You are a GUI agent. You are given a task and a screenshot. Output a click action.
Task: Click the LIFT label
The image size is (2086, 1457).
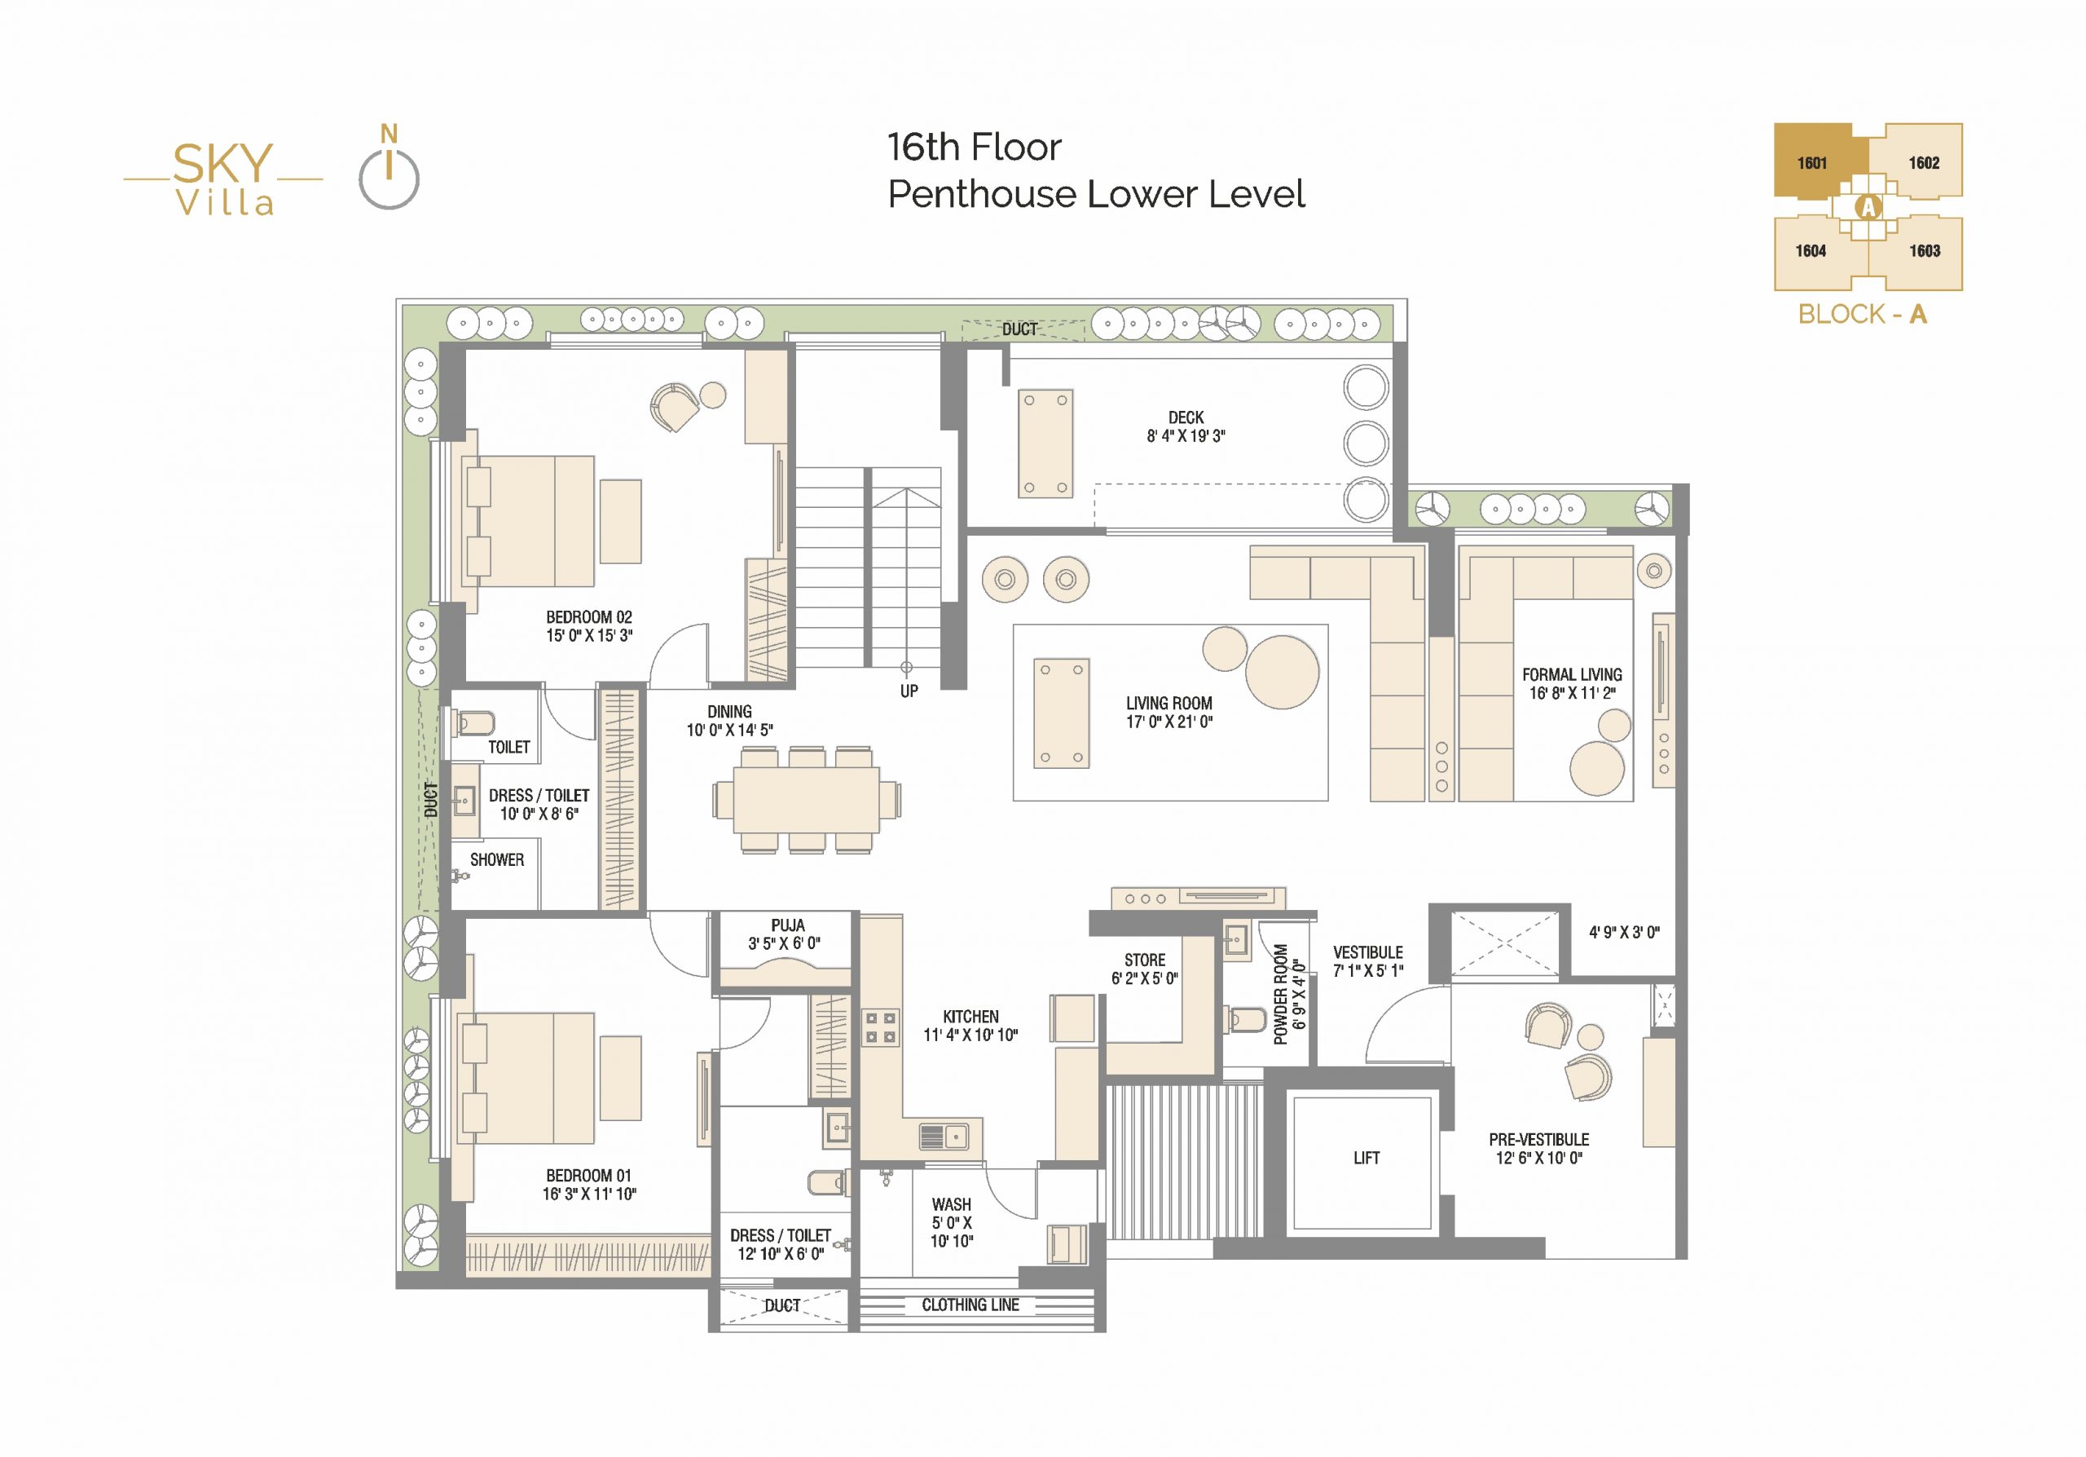(x=1366, y=1158)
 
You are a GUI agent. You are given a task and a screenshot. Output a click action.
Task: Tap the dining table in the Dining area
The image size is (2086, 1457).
(x=806, y=800)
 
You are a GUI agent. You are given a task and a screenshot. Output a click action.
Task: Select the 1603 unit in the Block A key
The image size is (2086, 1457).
(x=1925, y=251)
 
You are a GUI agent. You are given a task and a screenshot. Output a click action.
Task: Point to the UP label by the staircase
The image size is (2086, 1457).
(x=909, y=691)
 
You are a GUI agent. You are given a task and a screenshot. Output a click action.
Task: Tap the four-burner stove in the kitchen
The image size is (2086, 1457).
(x=880, y=1028)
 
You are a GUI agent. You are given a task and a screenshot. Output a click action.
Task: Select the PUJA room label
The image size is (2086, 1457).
(x=788, y=925)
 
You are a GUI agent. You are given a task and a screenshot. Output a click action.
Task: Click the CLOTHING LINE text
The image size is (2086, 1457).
(x=970, y=1305)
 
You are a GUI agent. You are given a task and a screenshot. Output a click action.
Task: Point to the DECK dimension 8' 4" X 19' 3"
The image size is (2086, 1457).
(x=1186, y=436)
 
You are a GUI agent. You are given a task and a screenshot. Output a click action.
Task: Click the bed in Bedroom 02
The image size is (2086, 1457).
(x=530, y=521)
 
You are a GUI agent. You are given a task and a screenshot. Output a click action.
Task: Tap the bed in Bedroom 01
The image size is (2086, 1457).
(x=529, y=1078)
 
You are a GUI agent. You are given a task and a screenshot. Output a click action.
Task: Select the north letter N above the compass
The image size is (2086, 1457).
(x=389, y=135)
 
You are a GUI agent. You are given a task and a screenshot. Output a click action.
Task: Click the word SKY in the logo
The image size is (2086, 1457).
(x=222, y=164)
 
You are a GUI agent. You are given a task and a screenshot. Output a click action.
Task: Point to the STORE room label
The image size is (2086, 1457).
(x=1145, y=960)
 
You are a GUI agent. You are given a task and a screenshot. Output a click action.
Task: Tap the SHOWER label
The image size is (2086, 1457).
(x=497, y=860)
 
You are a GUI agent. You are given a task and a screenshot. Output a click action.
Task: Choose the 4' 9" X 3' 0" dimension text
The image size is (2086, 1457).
(x=1625, y=933)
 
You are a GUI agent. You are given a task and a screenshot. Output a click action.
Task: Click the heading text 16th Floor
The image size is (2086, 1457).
(x=974, y=148)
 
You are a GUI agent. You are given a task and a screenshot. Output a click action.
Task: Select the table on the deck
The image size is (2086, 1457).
(x=1045, y=444)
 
